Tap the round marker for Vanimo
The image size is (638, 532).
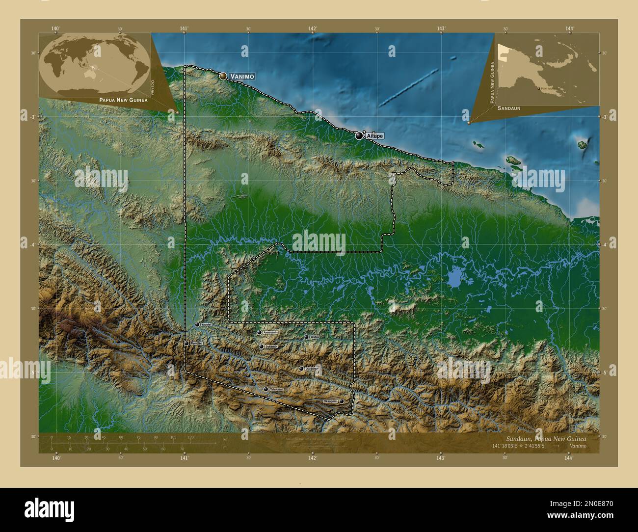[223, 76]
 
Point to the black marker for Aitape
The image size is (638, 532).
[360, 136]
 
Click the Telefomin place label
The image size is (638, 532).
[276, 389]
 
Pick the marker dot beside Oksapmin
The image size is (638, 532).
[342, 401]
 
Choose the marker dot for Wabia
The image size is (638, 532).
[306, 337]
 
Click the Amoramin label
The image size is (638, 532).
[271, 332]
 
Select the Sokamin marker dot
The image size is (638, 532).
[261, 346]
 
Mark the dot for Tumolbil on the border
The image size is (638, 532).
[186, 344]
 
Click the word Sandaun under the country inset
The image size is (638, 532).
[508, 107]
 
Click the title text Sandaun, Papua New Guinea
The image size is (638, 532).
[545, 438]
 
